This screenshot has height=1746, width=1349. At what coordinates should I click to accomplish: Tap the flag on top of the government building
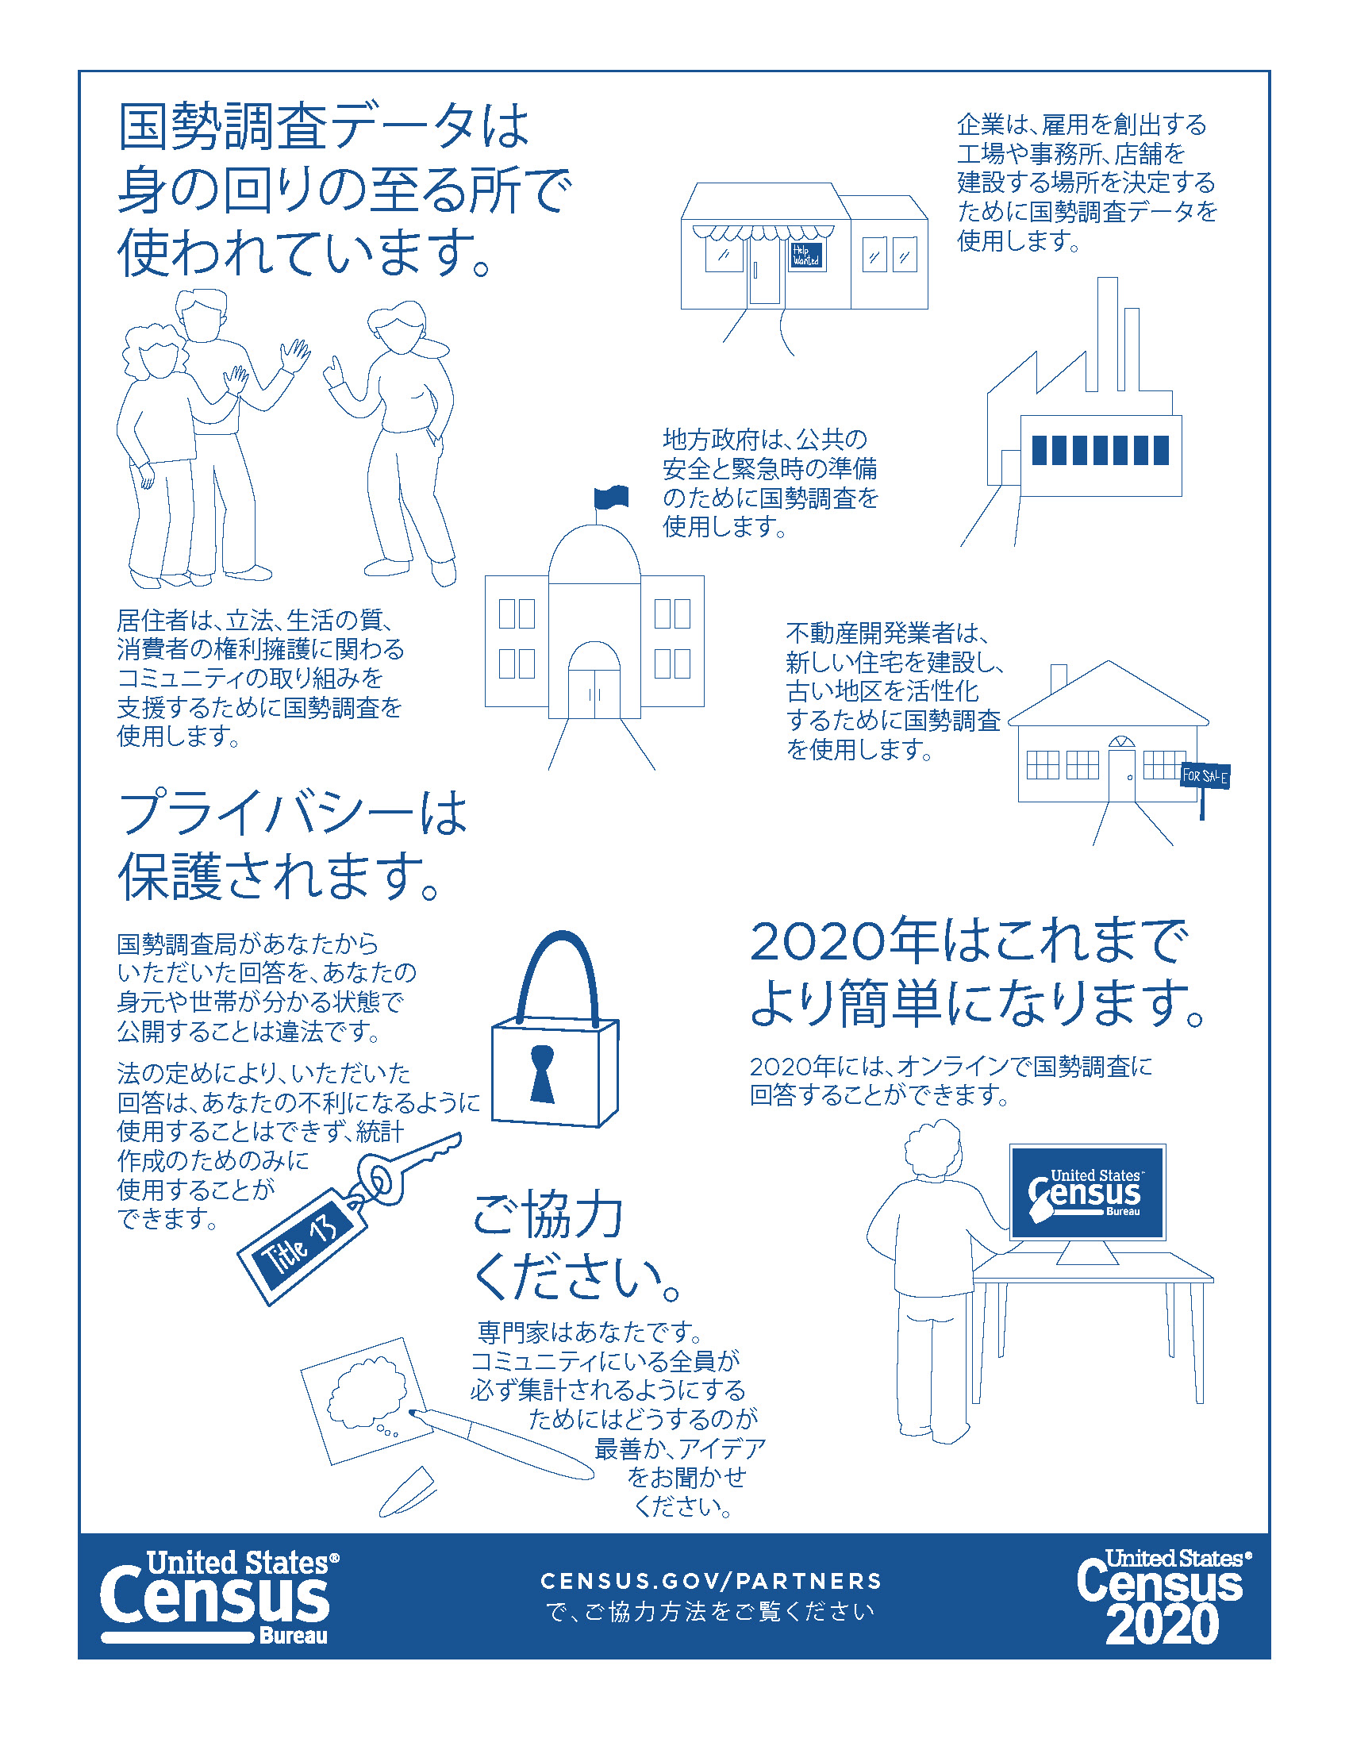tap(611, 498)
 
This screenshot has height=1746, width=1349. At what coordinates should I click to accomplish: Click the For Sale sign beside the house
tap(1205, 775)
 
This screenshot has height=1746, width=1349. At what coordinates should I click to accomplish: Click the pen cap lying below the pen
tap(407, 1492)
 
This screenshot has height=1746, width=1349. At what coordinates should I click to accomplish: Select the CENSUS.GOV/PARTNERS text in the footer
tap(711, 1580)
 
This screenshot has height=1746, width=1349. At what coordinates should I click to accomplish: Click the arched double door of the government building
tap(594, 679)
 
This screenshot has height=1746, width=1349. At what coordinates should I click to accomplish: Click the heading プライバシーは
tap(293, 813)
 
